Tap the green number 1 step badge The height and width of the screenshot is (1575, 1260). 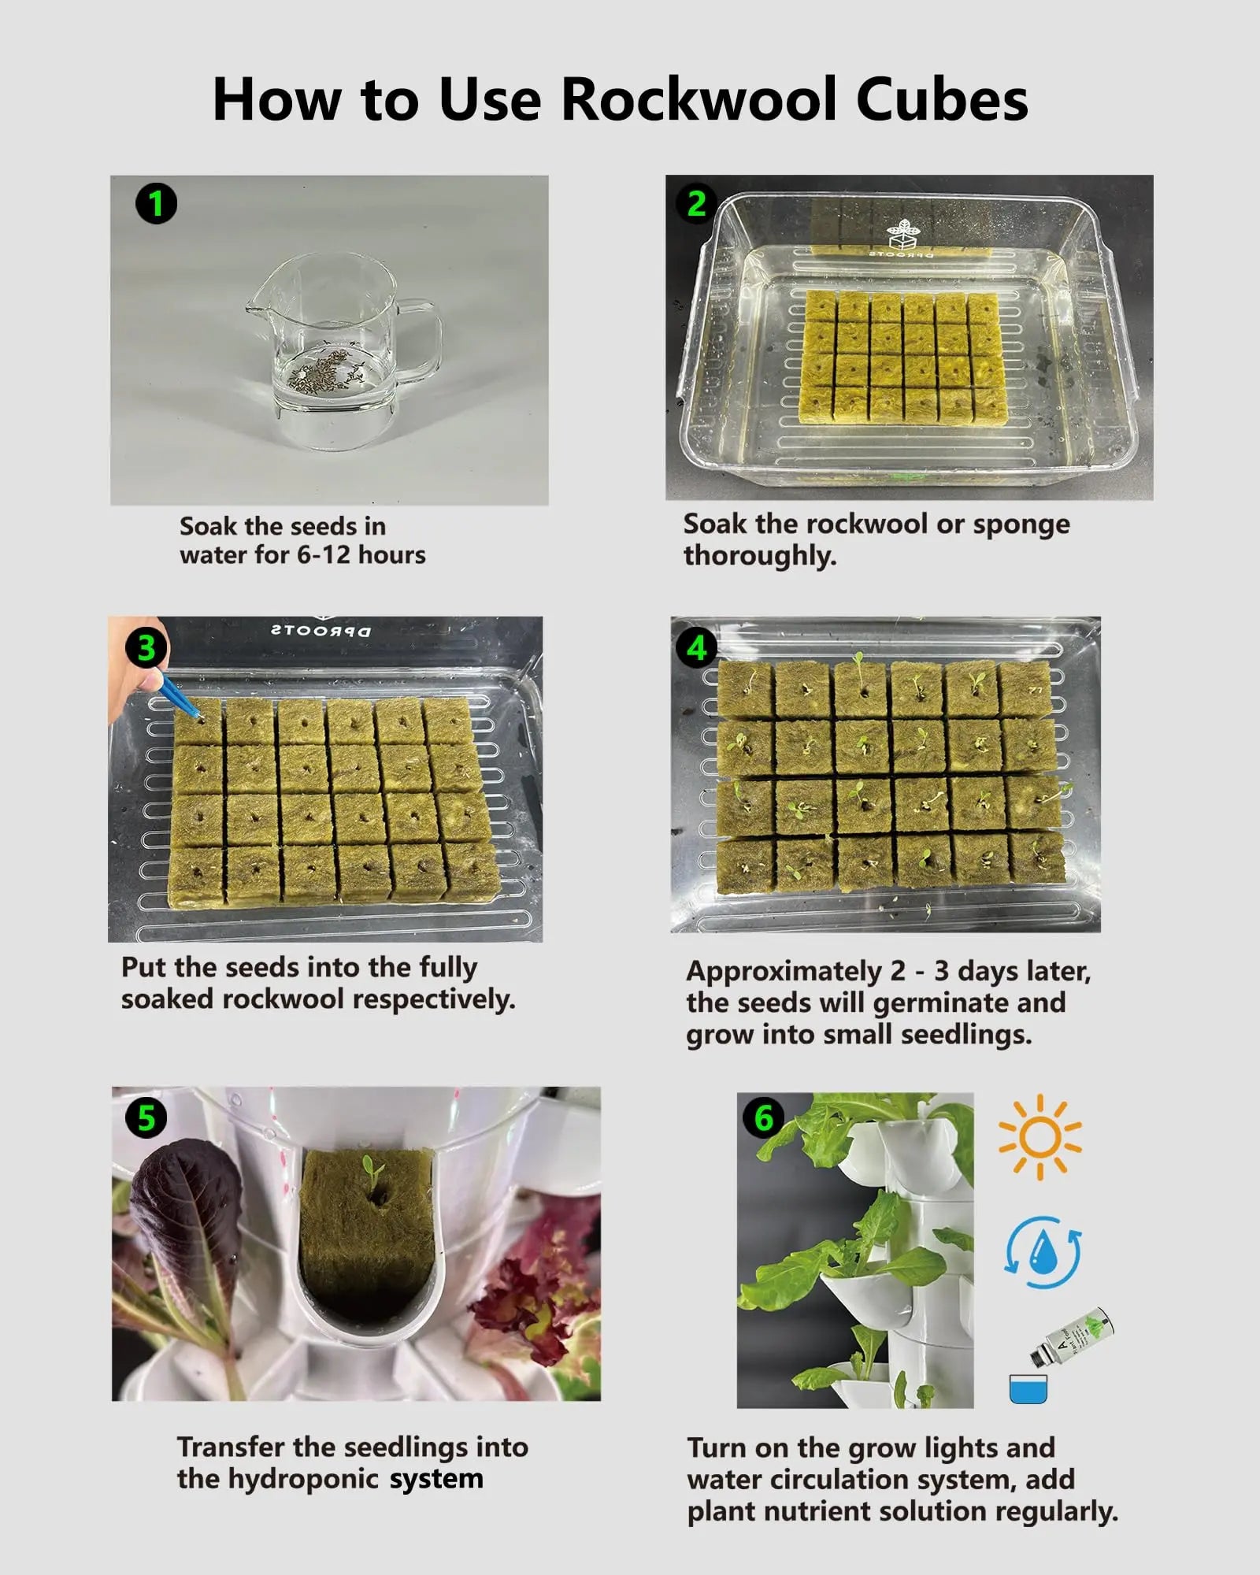[x=156, y=204]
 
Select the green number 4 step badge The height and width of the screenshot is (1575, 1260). [x=697, y=648]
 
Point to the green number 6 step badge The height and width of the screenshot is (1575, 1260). [x=764, y=1118]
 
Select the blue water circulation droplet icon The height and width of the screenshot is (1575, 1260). [x=1043, y=1252]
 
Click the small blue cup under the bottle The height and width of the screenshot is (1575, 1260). [x=1028, y=1388]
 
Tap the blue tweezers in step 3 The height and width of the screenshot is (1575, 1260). [x=178, y=694]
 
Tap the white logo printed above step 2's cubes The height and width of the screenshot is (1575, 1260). [x=903, y=234]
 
